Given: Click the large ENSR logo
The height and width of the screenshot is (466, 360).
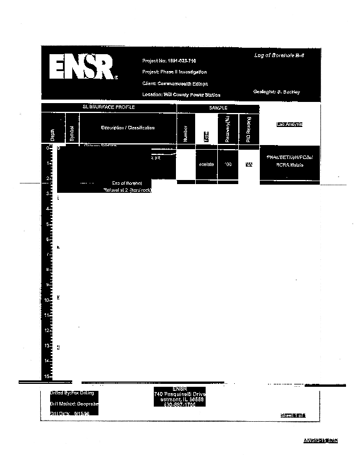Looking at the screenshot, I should click(83, 69).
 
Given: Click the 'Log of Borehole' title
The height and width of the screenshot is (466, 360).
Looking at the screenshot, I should click(279, 55).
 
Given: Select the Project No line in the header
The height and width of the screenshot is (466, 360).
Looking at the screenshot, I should click(170, 61).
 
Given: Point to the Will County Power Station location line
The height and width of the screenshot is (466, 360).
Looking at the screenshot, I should click(181, 94).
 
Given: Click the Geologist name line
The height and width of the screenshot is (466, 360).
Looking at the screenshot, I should click(277, 92).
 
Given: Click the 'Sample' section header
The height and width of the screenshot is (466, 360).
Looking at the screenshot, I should click(218, 108).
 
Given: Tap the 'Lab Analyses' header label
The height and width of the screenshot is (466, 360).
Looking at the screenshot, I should click(289, 125).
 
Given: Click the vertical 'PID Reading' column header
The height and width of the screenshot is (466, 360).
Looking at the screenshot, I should click(248, 130).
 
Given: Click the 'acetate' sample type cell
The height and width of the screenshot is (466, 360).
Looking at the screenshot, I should click(206, 165).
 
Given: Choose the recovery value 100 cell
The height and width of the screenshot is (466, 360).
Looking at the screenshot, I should click(228, 165).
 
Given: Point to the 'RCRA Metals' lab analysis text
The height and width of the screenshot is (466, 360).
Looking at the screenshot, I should click(289, 165).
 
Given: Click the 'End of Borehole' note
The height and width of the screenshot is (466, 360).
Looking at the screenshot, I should click(126, 183).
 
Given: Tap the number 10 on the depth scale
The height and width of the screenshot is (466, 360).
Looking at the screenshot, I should click(47, 299).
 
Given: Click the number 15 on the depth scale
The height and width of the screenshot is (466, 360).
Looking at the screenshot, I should click(47, 376).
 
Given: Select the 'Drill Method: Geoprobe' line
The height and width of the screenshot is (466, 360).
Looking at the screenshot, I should click(74, 403).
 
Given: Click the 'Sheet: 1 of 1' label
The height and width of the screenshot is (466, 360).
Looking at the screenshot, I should click(293, 415).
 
